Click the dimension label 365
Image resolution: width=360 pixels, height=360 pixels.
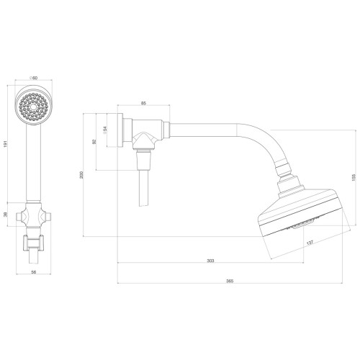[x=230, y=281]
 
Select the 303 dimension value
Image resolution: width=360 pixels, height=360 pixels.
[x=210, y=261]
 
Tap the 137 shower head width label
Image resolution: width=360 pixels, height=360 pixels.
[x=310, y=243]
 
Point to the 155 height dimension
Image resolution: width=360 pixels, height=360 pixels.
[x=353, y=177]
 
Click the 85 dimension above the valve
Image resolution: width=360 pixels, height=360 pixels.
[x=143, y=104]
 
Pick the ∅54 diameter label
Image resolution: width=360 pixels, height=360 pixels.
[x=104, y=130]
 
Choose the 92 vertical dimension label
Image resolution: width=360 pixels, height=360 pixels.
[x=94, y=142]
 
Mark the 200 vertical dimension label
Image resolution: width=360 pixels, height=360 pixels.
[x=81, y=175]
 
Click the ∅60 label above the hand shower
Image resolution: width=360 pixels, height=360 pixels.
[x=33, y=78]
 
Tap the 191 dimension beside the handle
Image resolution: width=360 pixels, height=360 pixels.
[x=6, y=144]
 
